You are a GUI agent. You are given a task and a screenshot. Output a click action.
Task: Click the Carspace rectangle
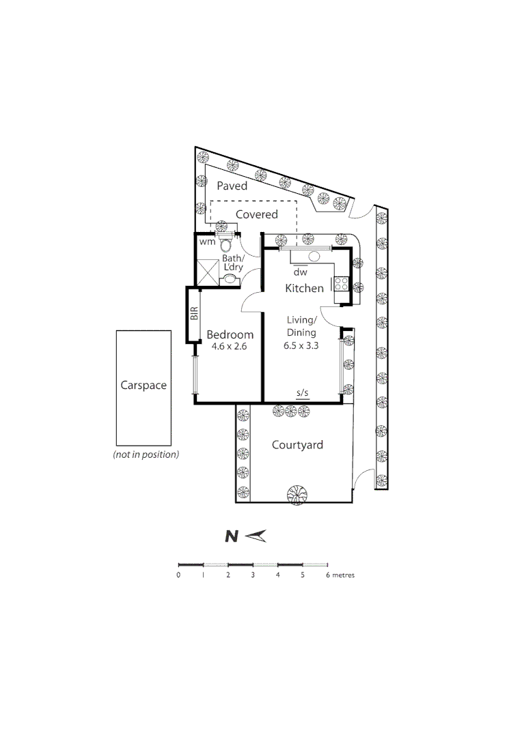click(x=143, y=386)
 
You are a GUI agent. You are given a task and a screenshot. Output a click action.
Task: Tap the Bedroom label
click(x=230, y=334)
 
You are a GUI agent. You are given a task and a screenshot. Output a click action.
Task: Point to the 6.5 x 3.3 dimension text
click(x=301, y=345)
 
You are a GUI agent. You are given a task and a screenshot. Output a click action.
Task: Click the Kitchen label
click(x=304, y=288)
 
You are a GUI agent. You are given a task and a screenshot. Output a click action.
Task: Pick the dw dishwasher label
click(x=297, y=271)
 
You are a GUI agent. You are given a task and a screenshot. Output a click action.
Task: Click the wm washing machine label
click(x=207, y=242)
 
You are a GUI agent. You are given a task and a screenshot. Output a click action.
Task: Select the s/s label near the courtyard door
click(x=302, y=393)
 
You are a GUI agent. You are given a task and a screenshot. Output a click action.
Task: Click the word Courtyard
click(x=297, y=445)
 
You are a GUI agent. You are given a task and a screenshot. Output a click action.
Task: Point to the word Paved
click(x=232, y=186)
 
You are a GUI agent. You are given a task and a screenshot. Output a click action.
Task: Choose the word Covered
click(x=257, y=214)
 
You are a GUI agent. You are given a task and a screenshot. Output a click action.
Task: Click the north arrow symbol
click(x=257, y=536)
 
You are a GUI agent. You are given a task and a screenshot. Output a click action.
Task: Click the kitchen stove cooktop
click(x=341, y=285)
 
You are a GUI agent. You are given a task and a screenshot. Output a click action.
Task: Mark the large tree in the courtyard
click(x=297, y=494)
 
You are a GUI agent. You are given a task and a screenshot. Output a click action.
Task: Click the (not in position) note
click(x=146, y=454)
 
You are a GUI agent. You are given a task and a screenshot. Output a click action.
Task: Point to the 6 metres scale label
click(x=340, y=575)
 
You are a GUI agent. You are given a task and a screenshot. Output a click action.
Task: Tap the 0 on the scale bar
click(x=178, y=575)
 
